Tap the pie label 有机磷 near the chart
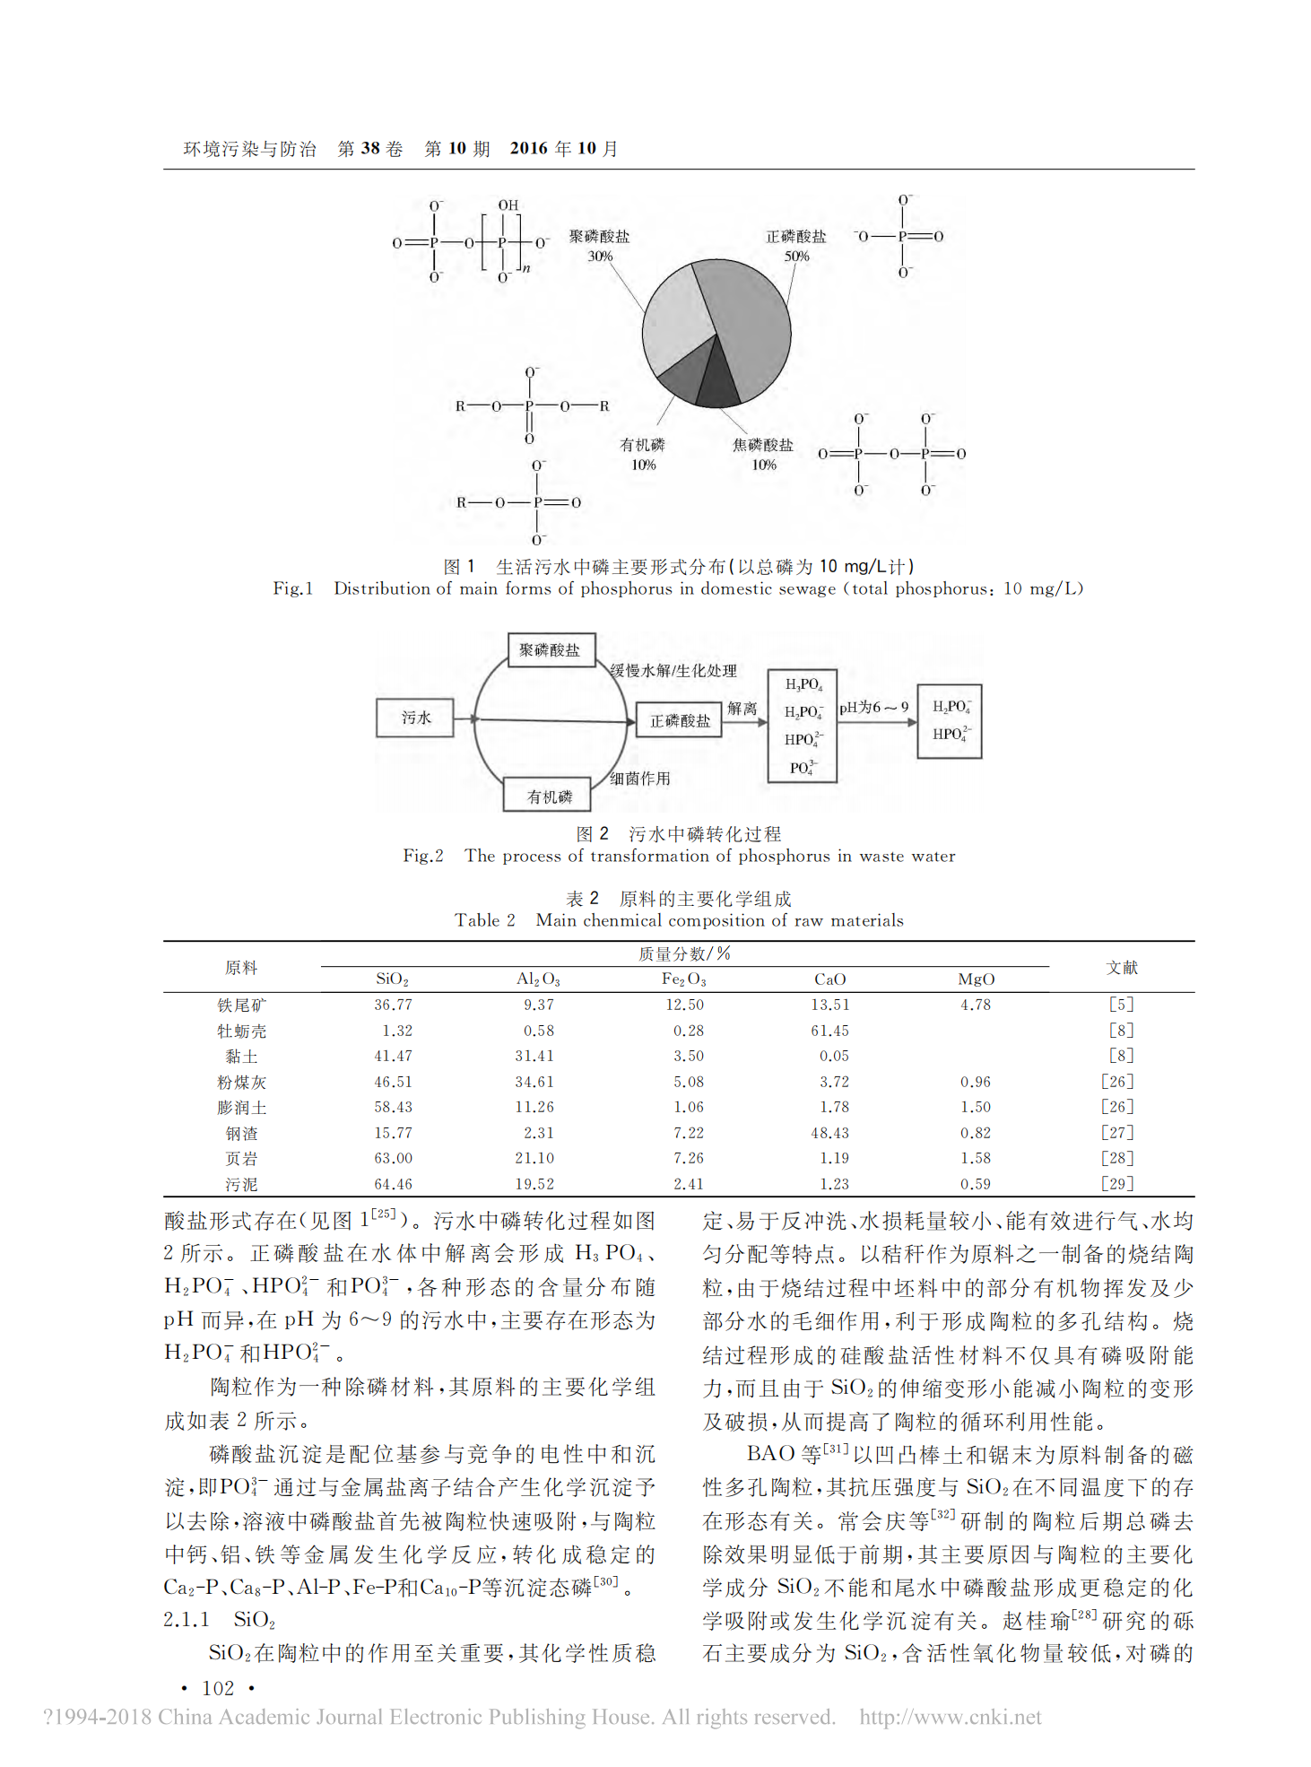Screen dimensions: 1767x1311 (643, 445)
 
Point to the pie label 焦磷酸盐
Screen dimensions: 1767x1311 (763, 445)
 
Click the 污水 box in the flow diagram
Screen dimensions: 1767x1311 (415, 718)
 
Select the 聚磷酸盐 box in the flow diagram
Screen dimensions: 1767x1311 (551, 650)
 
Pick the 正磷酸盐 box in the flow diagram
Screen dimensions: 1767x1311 (680, 720)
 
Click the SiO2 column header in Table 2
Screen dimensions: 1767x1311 (393, 979)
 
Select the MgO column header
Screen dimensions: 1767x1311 (976, 979)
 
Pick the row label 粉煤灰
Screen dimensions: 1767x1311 (242, 1083)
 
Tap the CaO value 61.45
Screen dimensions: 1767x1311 (829, 1031)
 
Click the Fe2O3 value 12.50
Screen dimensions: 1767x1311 (685, 1005)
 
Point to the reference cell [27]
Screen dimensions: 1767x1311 (1118, 1133)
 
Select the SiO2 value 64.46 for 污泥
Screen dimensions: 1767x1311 (393, 1184)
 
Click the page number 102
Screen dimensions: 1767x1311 (218, 1688)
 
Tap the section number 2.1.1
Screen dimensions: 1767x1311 (187, 1619)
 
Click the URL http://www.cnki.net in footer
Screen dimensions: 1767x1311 (951, 1717)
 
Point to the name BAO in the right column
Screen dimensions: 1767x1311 (771, 1453)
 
